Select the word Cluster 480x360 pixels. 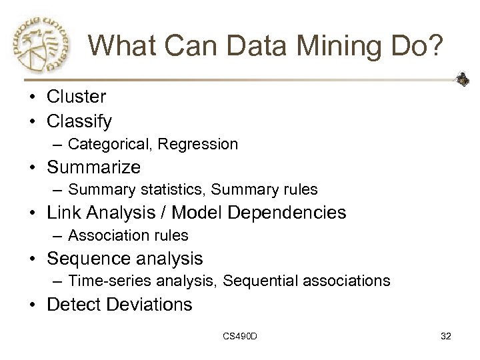[x=76, y=97]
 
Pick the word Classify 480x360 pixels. [x=79, y=121]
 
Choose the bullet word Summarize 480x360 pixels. [x=93, y=167]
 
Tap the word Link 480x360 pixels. [x=63, y=213]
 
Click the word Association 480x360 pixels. [x=105, y=235]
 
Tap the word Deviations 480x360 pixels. [x=148, y=305]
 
